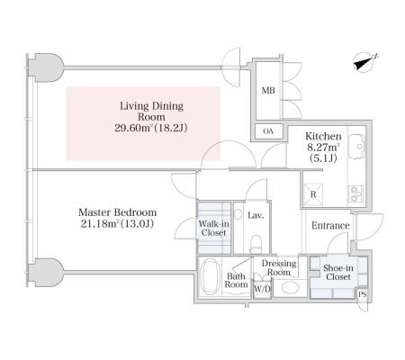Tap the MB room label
tap(268, 90)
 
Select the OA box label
tap(268, 131)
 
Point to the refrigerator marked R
tap(313, 194)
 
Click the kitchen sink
tap(357, 146)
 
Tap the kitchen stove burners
tap(355, 193)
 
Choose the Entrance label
tap(330, 226)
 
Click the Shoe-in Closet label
tap(338, 273)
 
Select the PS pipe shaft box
tap(363, 294)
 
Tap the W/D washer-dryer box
tap(262, 289)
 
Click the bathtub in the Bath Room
tap(210, 276)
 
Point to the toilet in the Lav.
tap(256, 244)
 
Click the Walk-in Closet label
tap(213, 229)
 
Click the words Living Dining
tap(151, 106)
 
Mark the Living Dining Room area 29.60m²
tap(132, 128)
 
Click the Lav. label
tap(256, 215)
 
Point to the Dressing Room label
tap(279, 268)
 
